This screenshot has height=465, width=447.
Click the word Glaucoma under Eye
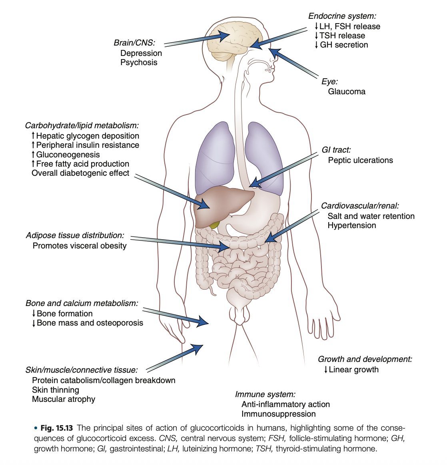(347, 91)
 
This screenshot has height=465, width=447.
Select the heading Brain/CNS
(134, 43)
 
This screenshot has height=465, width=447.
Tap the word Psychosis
(139, 62)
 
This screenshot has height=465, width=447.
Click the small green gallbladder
(215, 225)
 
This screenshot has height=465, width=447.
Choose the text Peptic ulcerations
(360, 160)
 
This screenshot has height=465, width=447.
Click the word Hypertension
(352, 225)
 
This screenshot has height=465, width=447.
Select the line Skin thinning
(56, 390)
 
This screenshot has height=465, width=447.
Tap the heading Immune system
(265, 395)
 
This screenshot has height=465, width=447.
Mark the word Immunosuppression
(279, 414)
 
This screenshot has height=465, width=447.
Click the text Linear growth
(353, 370)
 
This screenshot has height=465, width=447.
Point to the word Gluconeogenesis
(68, 155)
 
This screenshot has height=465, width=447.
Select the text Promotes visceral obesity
(80, 246)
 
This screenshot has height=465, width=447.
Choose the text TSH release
(342, 36)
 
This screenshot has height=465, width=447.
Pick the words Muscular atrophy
(64, 399)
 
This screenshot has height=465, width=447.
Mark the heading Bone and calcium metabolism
(82, 303)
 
